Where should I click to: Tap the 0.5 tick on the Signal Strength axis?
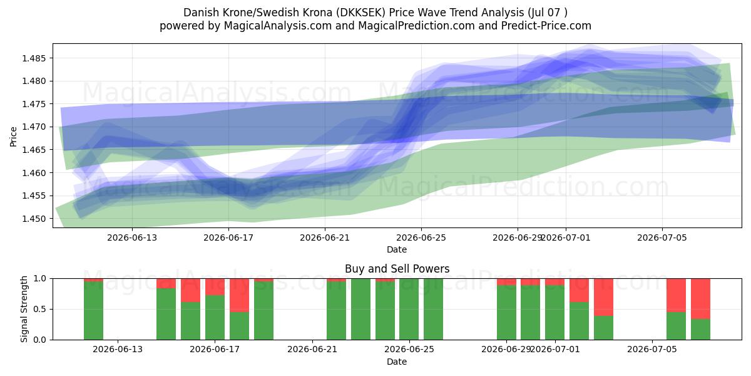(40, 309)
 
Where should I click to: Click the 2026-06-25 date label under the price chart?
(421, 238)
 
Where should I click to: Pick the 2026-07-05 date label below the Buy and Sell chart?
(652, 350)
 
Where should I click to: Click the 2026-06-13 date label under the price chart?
(132, 238)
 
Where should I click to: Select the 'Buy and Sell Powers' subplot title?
(397, 269)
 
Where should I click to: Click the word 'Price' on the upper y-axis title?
(13, 137)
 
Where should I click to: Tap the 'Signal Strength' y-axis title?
(24, 309)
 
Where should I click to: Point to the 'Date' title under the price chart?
(397, 250)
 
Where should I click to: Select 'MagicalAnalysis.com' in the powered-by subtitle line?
(278, 26)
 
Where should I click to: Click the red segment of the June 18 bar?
(239, 295)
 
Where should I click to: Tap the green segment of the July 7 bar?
(700, 330)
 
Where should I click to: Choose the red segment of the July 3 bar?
(603, 297)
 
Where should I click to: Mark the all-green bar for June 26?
(433, 309)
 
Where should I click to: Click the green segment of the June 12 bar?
(93, 311)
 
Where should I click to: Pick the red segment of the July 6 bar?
(677, 295)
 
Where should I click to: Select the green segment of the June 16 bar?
(190, 321)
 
